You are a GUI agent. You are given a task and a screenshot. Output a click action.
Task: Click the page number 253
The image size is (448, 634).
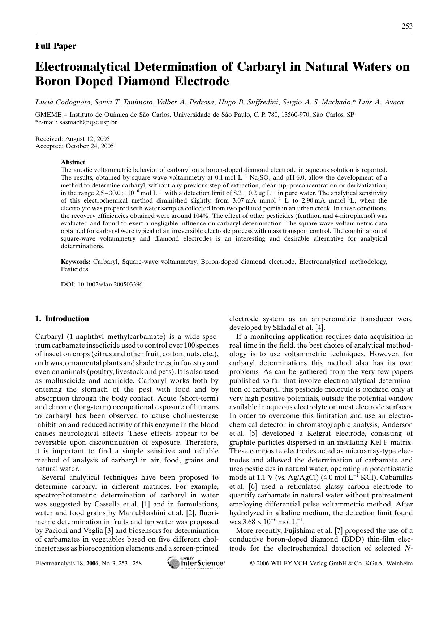tap(407, 26)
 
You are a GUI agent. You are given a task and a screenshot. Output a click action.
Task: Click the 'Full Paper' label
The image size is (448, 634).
tap(55, 46)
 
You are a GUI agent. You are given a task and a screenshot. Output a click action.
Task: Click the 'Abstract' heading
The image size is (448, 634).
tap(73, 162)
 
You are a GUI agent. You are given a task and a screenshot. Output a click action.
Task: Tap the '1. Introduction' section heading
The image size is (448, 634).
tap(62, 319)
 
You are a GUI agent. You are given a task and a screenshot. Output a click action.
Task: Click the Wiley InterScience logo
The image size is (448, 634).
tap(196, 563)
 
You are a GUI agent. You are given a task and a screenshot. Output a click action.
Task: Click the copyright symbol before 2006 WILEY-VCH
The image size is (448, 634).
tap(253, 563)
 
